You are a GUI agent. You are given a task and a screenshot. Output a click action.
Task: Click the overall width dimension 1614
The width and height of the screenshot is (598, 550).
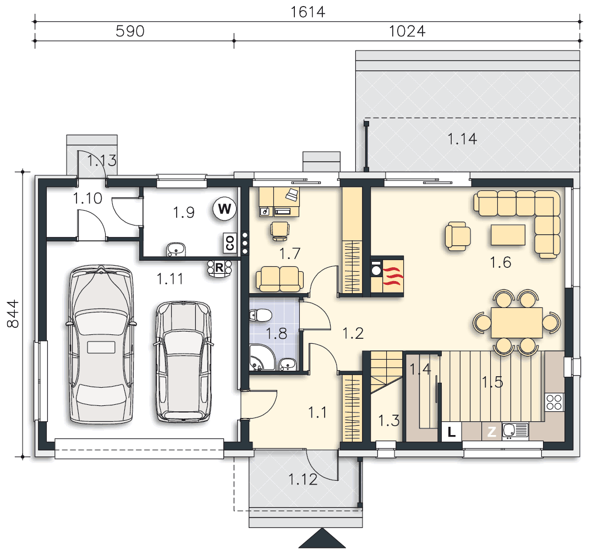[x=308, y=12]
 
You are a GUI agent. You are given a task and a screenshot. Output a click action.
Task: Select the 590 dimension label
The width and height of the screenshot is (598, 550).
[x=130, y=31]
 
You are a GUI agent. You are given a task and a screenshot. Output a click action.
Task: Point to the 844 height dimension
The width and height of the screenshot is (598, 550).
[x=13, y=313]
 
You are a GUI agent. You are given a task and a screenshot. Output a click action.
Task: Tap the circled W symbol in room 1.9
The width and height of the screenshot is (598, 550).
[x=224, y=208]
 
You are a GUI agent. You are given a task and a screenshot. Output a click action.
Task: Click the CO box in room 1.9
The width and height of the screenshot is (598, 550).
[x=229, y=243]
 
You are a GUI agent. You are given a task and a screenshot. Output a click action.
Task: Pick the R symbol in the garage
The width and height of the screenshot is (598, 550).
[x=220, y=268]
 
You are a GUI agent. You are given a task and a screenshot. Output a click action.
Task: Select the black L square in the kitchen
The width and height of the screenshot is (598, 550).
[x=452, y=432]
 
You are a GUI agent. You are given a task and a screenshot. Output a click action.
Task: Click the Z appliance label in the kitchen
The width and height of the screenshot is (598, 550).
[x=492, y=432]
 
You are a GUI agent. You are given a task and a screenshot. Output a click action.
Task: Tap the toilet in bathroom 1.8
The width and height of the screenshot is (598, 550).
[x=260, y=315]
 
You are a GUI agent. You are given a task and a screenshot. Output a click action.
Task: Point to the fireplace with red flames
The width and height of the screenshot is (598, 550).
[x=387, y=276]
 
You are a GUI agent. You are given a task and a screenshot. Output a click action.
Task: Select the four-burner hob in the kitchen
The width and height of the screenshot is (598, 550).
[x=554, y=402]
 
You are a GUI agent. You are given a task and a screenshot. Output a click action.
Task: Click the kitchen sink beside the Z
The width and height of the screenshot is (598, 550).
[x=515, y=431]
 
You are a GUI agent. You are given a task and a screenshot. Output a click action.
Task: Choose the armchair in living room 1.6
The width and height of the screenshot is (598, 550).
[x=458, y=237]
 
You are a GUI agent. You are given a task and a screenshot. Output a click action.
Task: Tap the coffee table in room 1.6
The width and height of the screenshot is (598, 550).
[x=508, y=235]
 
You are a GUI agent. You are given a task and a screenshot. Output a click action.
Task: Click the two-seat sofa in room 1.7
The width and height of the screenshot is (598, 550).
[x=280, y=279]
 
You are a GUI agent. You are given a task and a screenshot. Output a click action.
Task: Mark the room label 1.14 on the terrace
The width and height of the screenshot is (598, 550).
[x=462, y=139]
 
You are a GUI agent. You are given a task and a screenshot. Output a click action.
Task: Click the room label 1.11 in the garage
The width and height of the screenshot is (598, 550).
[x=169, y=279]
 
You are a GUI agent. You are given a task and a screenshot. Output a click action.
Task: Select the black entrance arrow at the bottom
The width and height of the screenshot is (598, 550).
[x=322, y=538]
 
